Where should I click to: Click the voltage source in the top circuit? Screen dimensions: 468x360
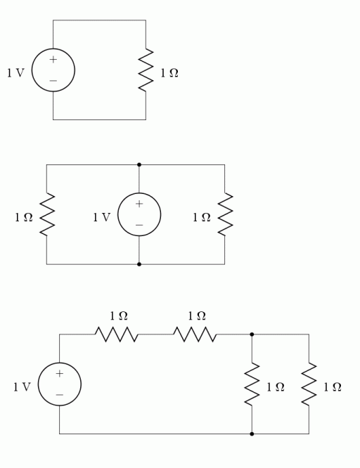53,70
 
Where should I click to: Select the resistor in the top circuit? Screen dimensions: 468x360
146,70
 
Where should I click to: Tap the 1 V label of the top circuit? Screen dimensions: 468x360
15,73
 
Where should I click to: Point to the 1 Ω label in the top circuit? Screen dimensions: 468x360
169,73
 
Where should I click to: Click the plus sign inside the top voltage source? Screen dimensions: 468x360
53,60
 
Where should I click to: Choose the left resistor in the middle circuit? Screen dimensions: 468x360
46,214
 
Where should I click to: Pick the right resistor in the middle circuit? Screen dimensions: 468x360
224,214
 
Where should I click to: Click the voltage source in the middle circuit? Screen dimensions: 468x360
139,214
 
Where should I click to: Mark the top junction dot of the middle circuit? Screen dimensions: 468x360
139,164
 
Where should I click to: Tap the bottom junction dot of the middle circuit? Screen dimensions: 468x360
139,264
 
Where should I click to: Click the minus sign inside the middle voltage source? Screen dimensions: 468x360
139,225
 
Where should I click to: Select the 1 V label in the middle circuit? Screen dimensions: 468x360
101,218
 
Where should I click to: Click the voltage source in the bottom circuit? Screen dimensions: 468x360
60,384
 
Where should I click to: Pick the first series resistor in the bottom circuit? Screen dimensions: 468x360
117,334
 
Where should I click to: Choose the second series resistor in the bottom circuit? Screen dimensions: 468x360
196,334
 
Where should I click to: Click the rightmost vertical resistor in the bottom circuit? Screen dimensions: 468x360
309,384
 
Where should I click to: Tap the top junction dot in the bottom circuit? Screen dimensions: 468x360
252,334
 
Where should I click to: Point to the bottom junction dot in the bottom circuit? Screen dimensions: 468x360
252,434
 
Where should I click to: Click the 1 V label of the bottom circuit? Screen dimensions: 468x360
22,387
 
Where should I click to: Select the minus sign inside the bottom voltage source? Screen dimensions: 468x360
60,395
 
